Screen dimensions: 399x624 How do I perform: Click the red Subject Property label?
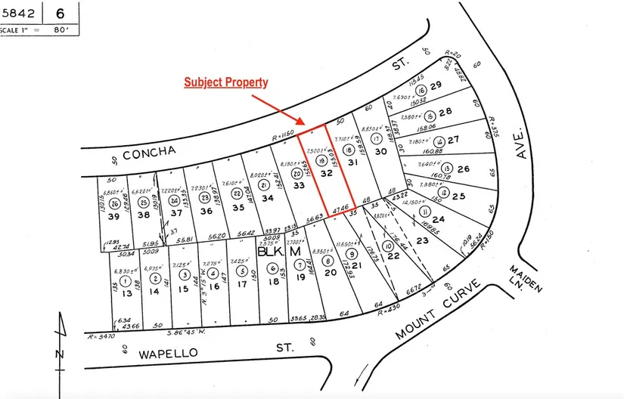tap(226, 82)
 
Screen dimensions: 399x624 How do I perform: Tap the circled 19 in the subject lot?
tap(321, 160)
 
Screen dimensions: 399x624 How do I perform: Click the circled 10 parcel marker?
tap(388, 246)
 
